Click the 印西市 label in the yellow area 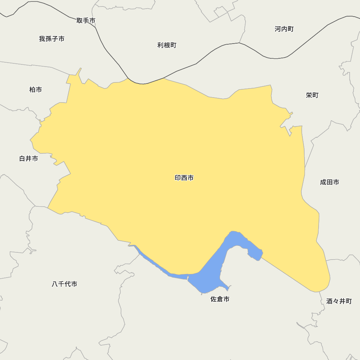click(184, 178)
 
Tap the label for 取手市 click(86, 21)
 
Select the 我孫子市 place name click(52, 39)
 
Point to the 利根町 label click(167, 45)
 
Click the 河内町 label click(284, 29)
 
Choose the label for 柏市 click(36, 90)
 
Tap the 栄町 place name click(312, 95)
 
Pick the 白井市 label click(28, 158)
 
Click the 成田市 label click(329, 182)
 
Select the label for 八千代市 click(64, 284)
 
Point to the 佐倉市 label click(220, 299)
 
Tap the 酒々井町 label click(339, 301)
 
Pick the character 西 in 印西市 click(184, 178)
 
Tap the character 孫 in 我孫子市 click(49, 39)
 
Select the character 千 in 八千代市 click(61, 284)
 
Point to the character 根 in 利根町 click(167, 45)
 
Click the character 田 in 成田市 click(329, 182)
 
